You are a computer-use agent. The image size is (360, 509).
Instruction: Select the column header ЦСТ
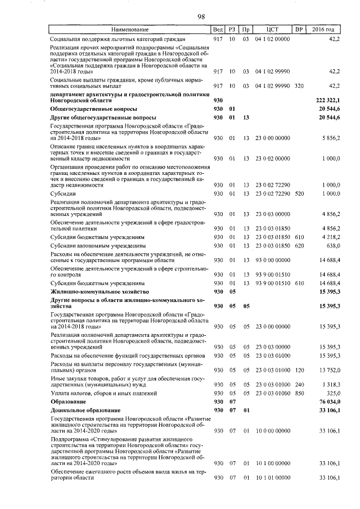pyautogui.click(x=272, y=29)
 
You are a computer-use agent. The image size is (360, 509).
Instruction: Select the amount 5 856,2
pyautogui.click(x=330, y=137)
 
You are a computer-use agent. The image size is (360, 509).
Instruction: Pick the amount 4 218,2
pyautogui.click(x=330, y=237)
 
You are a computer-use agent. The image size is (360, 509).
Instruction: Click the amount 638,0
pyautogui.click(x=332, y=246)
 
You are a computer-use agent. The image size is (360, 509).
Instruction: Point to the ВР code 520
pyautogui.click(x=299, y=193)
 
